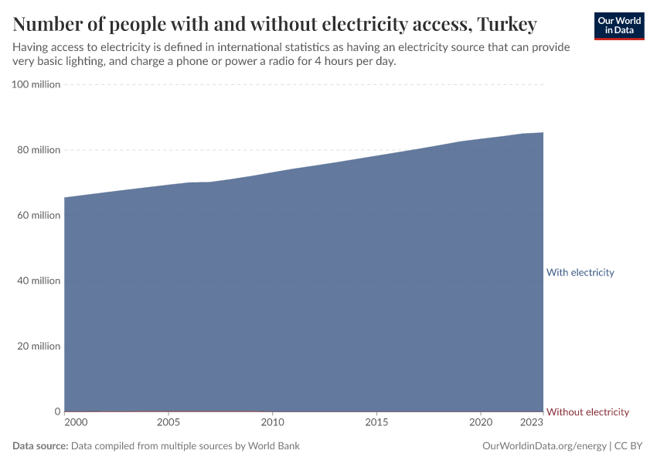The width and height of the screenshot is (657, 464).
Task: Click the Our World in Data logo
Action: click(619, 26)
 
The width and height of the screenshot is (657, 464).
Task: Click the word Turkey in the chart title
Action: click(506, 25)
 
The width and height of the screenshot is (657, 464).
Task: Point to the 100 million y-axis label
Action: click(36, 84)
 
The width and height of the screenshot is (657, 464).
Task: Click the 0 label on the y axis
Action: click(56, 411)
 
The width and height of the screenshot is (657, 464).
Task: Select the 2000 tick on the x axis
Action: click(76, 422)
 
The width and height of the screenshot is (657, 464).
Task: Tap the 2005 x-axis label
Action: click(169, 422)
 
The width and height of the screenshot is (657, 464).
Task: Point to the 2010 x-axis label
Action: click(272, 422)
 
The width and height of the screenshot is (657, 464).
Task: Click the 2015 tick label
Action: click(376, 422)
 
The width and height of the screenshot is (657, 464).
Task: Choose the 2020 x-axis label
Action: click(481, 422)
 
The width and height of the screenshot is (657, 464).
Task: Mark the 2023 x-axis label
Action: click(532, 422)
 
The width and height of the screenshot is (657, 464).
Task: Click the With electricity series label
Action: click(580, 272)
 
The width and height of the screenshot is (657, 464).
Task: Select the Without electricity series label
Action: click(587, 411)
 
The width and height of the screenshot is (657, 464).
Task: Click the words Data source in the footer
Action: click(40, 446)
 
